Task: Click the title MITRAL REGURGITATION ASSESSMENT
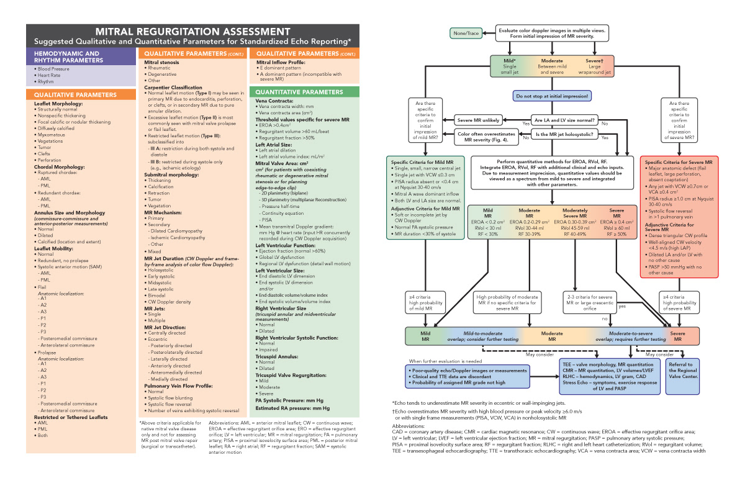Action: pyautogui.click(x=192, y=31)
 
